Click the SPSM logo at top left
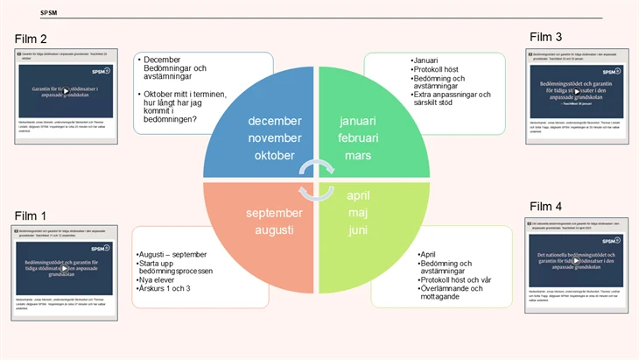point(49,13)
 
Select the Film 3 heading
point(545,36)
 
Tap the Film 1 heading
point(31,215)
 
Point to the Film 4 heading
point(545,206)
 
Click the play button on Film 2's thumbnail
point(66,90)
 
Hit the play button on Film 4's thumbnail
point(576,259)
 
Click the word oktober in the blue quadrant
point(274,155)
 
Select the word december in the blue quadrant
point(274,121)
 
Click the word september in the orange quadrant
point(274,212)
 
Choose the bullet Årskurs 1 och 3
point(166,288)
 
